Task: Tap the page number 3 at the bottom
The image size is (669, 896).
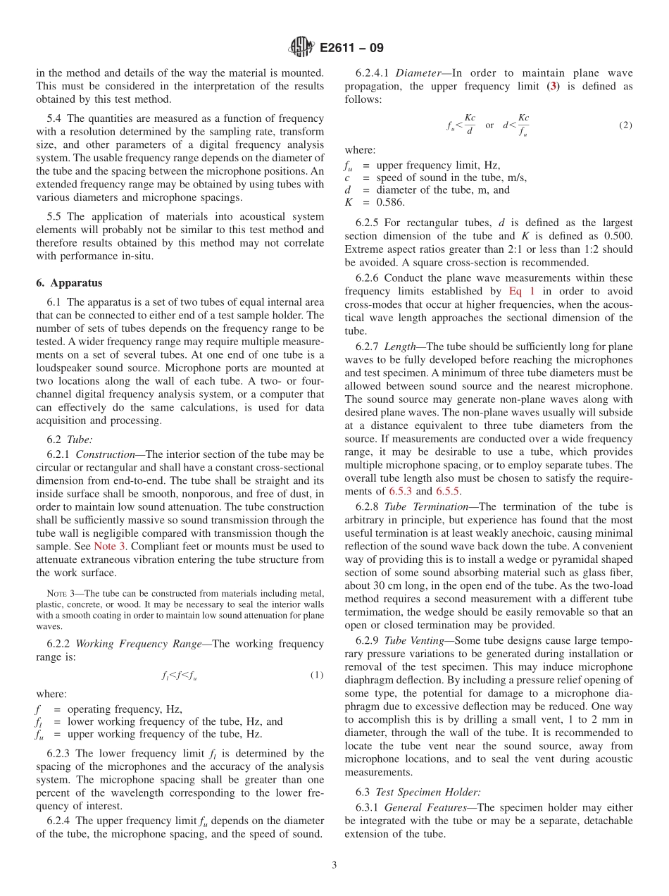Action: pyautogui.click(x=334, y=866)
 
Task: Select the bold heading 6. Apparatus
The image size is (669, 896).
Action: pyautogui.click(x=69, y=282)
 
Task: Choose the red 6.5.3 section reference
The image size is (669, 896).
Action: pyautogui.click(x=400, y=491)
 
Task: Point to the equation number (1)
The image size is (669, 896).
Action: pyautogui.click(x=316, y=676)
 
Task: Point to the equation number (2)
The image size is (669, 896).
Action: pyautogui.click(x=625, y=125)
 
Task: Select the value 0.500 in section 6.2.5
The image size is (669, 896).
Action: pyautogui.click(x=617, y=236)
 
